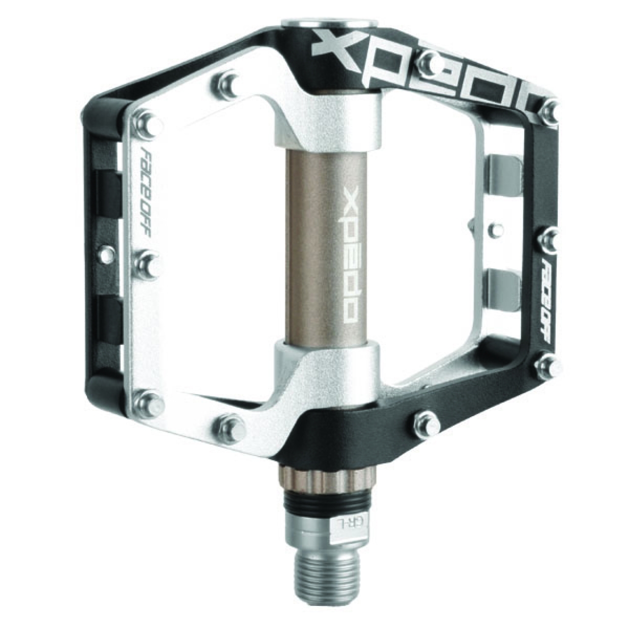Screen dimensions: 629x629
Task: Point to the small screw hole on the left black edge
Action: click(103, 255)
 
